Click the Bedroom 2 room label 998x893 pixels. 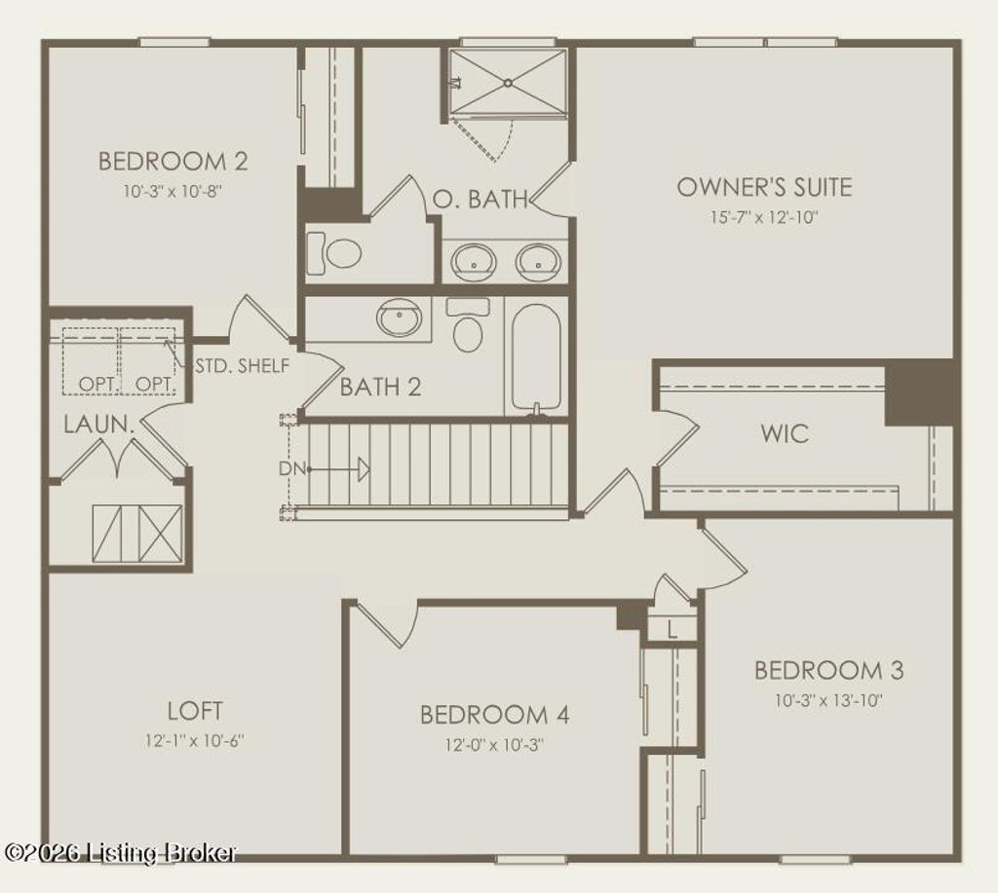point(173,161)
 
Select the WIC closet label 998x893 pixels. point(785,432)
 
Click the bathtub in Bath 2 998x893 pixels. point(536,357)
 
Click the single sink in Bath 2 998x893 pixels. point(403,316)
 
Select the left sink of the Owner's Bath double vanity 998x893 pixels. point(475,261)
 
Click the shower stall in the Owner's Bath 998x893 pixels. point(508,83)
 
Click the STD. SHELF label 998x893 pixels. point(242,366)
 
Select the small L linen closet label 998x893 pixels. point(672,630)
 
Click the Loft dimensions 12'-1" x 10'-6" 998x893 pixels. point(194,740)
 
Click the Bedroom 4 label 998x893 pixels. point(494,715)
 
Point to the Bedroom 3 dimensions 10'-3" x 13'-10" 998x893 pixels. point(828,699)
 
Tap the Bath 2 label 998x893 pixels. point(380,387)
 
